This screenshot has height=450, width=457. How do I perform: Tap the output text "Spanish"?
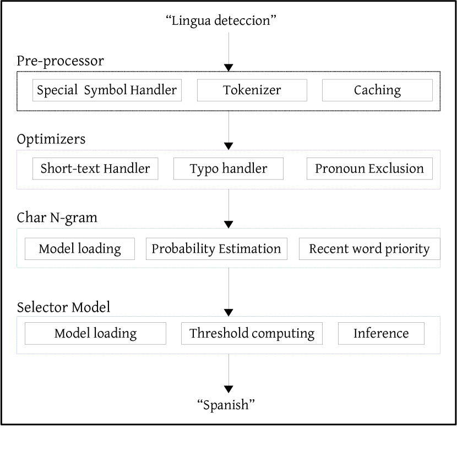point(226,405)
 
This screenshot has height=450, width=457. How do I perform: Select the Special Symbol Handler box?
point(107,90)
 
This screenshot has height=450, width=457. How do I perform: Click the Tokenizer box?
point(252,90)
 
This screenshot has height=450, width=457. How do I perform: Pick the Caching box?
point(377,90)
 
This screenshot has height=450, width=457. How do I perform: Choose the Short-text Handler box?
point(95,169)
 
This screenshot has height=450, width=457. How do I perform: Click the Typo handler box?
point(228,169)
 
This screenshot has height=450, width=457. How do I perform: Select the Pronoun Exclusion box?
point(369,169)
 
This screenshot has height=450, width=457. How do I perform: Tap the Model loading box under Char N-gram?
point(80,249)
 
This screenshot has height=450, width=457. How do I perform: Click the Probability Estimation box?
point(216,249)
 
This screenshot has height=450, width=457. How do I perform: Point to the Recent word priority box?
point(369,249)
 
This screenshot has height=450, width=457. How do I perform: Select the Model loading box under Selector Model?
point(95,333)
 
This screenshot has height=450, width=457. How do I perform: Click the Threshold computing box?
point(252,333)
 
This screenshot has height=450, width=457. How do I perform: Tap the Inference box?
point(381,333)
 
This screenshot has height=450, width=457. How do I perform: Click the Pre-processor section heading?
point(60,61)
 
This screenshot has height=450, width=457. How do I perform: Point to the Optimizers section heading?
point(51,139)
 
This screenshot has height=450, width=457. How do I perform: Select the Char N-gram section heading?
point(57,218)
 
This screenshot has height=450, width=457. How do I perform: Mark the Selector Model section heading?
point(63,307)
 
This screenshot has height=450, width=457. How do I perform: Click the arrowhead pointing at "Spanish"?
point(228,389)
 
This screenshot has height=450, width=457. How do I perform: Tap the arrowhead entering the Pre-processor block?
point(228,67)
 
